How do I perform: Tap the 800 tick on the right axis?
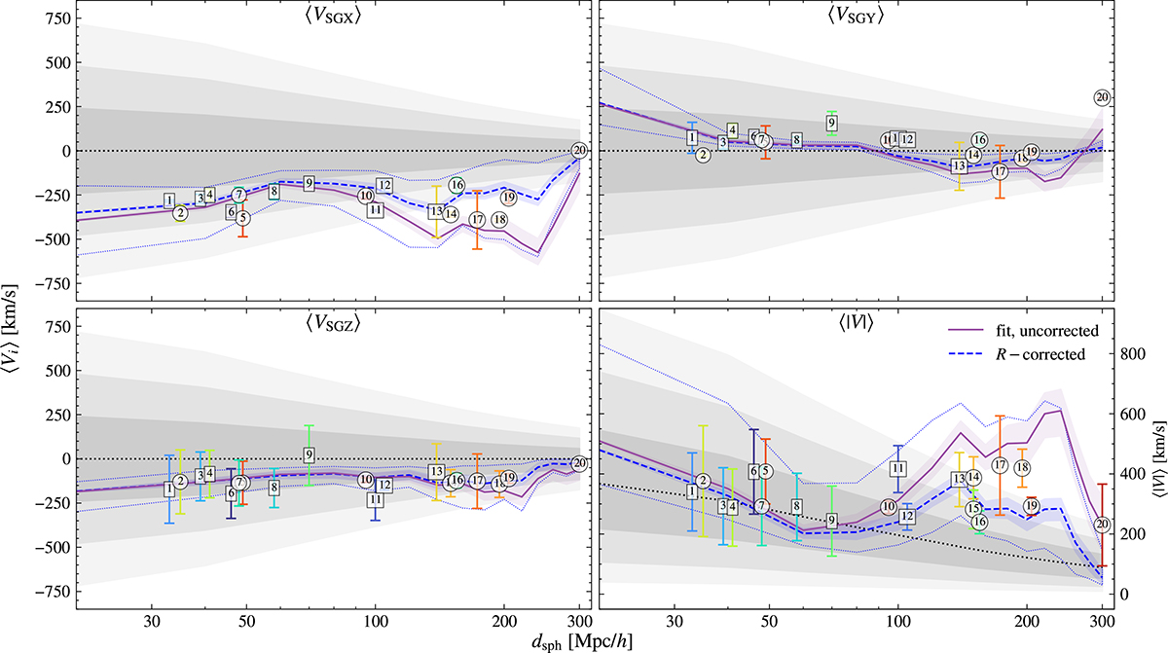click(x=1131, y=355)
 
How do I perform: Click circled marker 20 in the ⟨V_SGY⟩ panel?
click(x=1102, y=97)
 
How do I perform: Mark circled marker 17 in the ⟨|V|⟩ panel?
click(x=1000, y=465)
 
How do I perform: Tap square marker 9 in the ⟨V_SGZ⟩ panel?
click(x=309, y=454)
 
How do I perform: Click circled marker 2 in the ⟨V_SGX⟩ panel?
click(x=180, y=213)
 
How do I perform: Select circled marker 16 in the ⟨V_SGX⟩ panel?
click(x=456, y=186)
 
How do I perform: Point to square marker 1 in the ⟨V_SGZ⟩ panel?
click(x=169, y=489)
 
